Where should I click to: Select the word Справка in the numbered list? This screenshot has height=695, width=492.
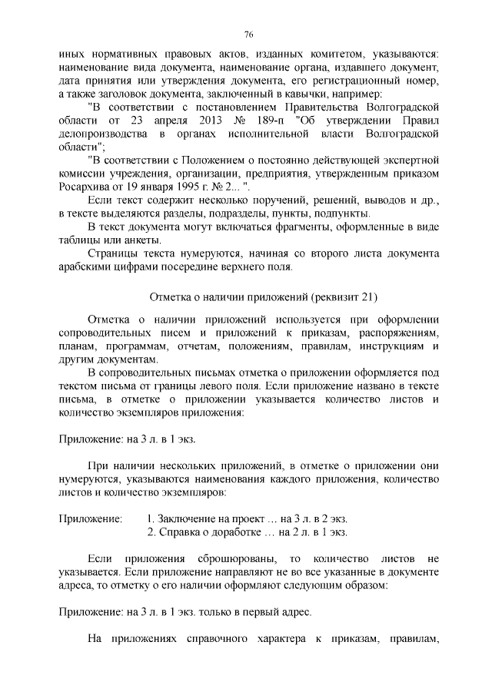(x=178, y=532)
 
